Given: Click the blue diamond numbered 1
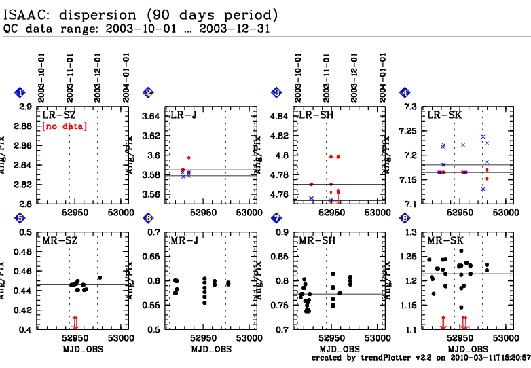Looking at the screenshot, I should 20,93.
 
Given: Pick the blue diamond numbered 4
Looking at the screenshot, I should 405,93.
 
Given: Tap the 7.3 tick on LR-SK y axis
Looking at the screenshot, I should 409,107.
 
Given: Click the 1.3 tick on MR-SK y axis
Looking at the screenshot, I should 409,233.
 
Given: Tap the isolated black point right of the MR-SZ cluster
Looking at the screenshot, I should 100,277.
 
